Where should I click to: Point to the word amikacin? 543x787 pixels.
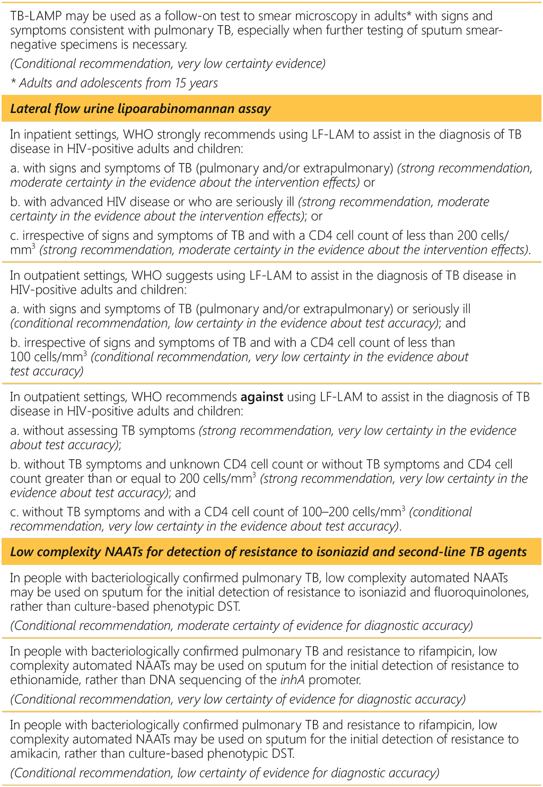pyautogui.click(x=33, y=754)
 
